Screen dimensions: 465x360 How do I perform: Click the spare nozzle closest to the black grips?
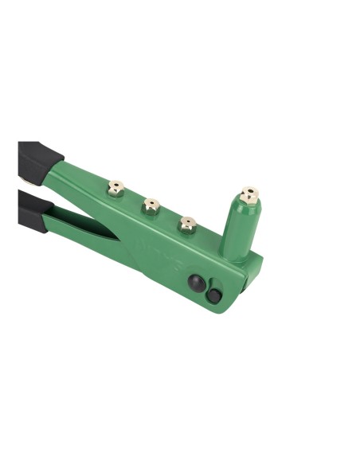[x=115, y=188]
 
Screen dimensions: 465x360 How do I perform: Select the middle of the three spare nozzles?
[x=151, y=207]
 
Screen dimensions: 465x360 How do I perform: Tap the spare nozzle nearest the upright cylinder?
[x=188, y=225]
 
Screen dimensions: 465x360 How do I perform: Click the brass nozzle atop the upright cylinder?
[x=249, y=196]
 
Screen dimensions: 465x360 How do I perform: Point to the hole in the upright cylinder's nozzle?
[x=250, y=191]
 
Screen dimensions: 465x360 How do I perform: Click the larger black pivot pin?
[x=195, y=283]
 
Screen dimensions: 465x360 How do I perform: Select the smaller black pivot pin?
[x=213, y=296]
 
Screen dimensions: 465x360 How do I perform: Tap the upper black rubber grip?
[x=36, y=160]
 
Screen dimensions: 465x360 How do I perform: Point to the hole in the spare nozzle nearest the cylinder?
[x=188, y=221]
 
